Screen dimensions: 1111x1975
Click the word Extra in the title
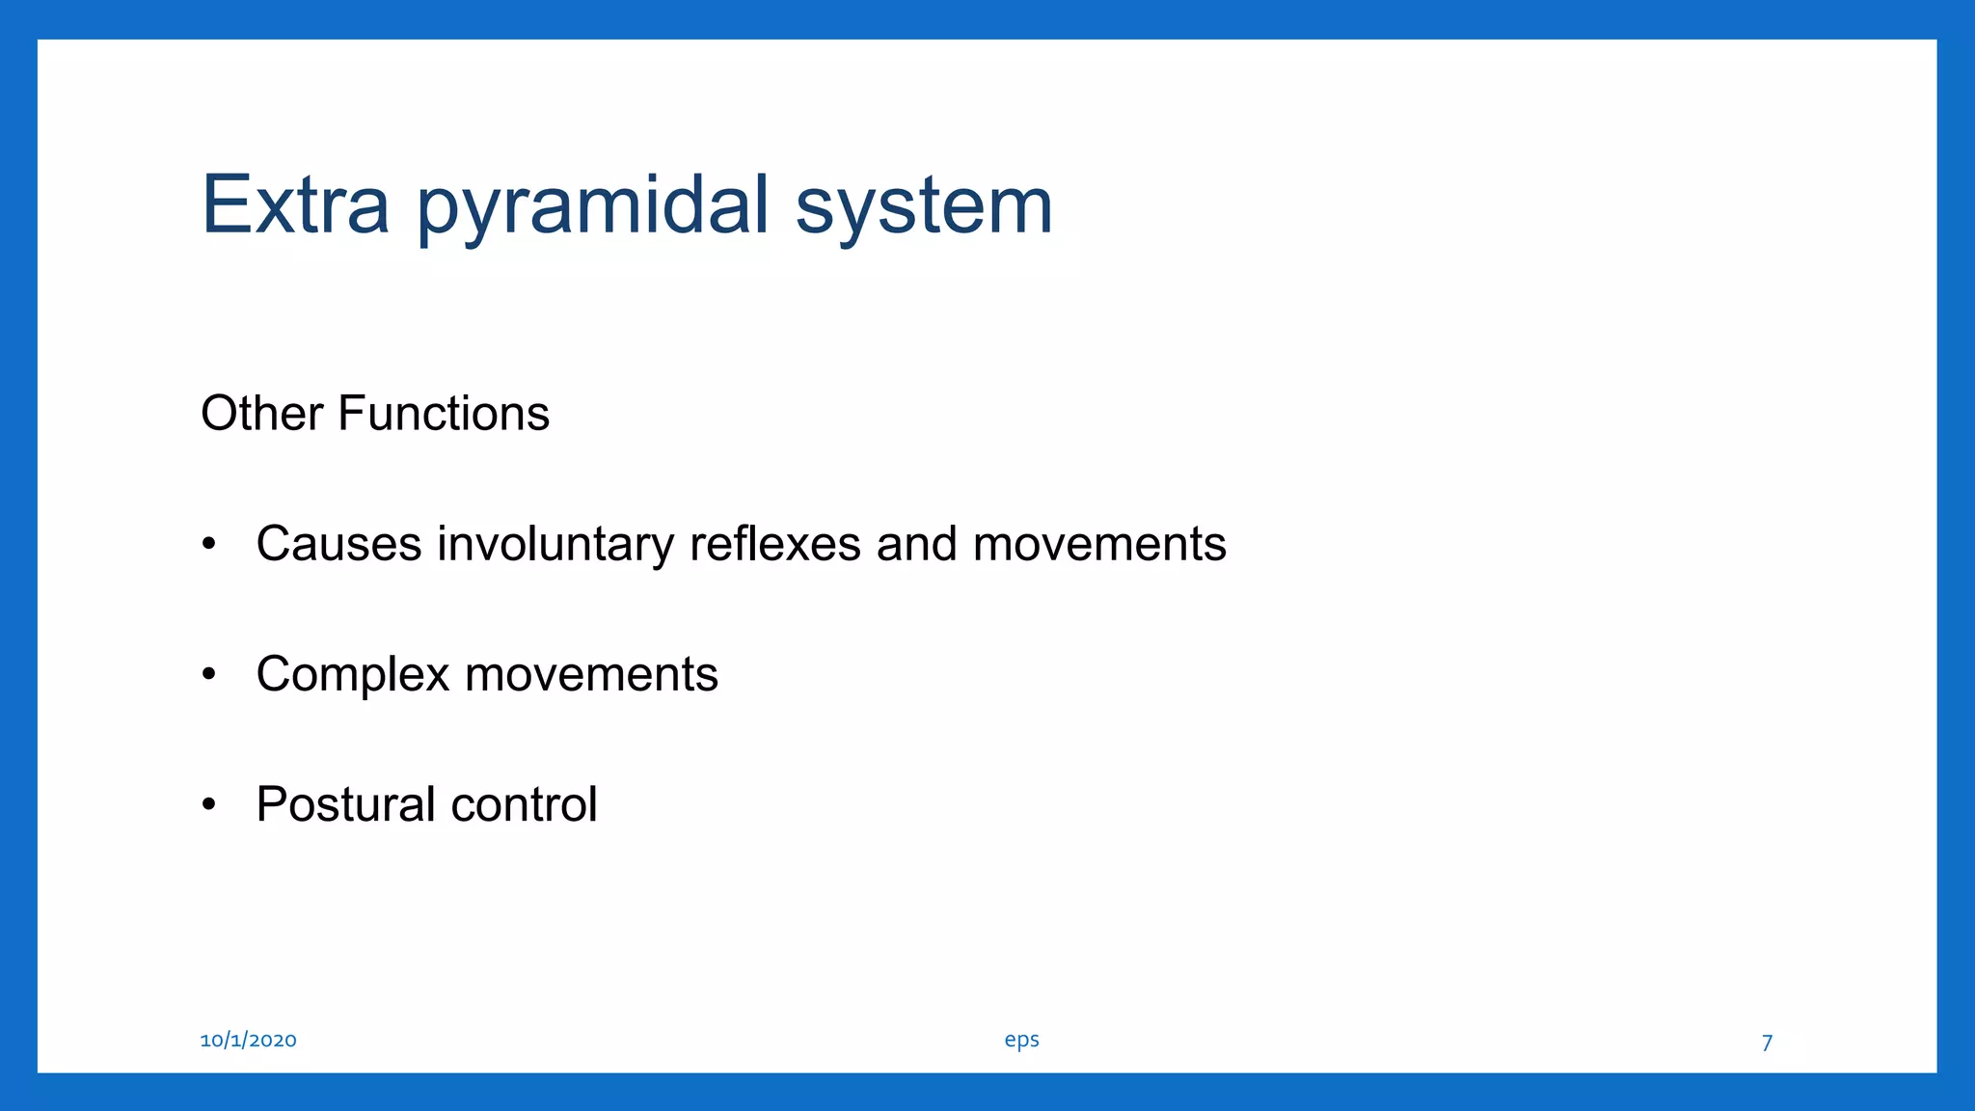295,204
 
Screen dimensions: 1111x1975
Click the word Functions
444,414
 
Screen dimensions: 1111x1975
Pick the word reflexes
774,544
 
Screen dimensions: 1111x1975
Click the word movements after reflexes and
1099,544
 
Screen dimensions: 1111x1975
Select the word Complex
352,675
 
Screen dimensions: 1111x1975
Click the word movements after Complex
591,674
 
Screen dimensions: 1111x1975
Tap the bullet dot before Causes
209,545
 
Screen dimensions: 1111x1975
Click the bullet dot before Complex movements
209,675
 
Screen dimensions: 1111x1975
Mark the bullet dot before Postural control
209,805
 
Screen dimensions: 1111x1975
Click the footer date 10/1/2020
248,1040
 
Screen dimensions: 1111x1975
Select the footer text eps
1021,1041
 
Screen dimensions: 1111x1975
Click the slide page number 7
1767,1043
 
